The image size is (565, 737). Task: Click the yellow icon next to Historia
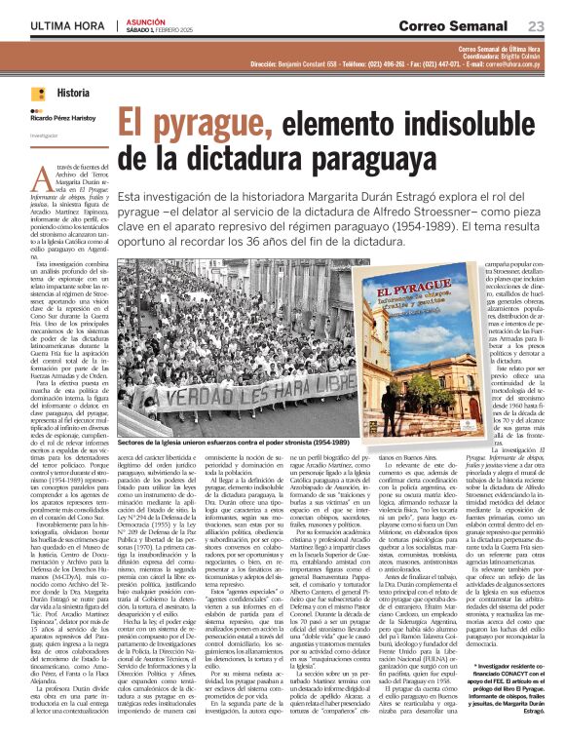[x=38, y=94]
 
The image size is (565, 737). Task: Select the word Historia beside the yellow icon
[x=72, y=94]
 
